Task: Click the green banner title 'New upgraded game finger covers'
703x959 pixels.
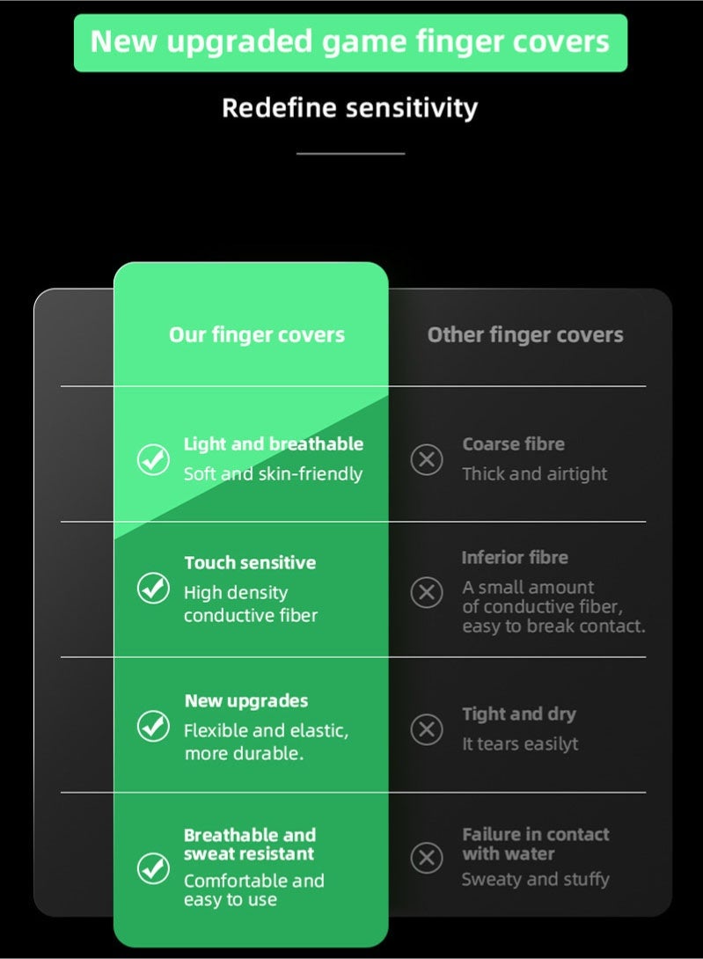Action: (350, 42)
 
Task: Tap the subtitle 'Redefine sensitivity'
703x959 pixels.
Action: (350, 108)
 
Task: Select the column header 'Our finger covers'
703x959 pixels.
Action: (257, 335)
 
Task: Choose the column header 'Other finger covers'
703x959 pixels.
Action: (525, 335)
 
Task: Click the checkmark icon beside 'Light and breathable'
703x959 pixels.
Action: (153, 459)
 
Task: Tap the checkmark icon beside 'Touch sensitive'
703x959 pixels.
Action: (153, 589)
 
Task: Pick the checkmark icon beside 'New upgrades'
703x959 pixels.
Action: (153, 726)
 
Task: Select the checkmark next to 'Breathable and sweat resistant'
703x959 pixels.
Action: (153, 867)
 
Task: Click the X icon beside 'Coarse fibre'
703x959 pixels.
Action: (427, 459)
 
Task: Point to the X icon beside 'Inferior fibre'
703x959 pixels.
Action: (427, 592)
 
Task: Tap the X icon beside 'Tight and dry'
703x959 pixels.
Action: (427, 729)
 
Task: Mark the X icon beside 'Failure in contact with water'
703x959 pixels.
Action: (427, 858)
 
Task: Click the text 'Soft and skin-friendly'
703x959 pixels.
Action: (273, 474)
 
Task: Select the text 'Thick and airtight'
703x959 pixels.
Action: (535, 474)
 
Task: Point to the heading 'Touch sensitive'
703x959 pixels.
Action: (250, 563)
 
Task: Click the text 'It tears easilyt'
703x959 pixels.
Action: (520, 743)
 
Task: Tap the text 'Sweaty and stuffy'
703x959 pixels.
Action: (535, 880)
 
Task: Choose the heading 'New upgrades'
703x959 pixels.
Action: (246, 701)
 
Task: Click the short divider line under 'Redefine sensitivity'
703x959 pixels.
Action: (350, 153)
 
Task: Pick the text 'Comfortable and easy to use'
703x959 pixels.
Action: (254, 889)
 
